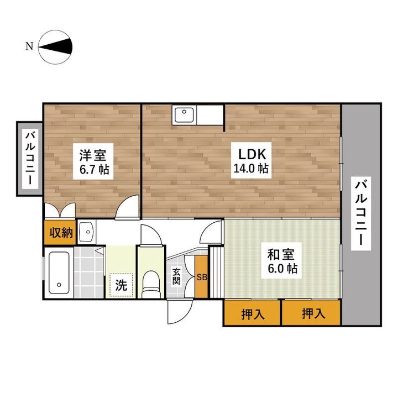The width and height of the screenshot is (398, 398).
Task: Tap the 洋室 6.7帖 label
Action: click(93, 161)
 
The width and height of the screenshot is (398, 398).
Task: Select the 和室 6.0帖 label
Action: click(281, 261)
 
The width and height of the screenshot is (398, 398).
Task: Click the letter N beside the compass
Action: click(29, 46)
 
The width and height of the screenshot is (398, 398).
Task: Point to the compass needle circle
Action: click(56, 47)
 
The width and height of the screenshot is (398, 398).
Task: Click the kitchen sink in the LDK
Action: click(184, 115)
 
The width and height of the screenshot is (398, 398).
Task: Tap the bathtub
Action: click(59, 273)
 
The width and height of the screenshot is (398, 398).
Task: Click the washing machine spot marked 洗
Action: click(121, 285)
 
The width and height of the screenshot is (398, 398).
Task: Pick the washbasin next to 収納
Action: click(87, 232)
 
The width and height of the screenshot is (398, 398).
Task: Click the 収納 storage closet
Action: click(60, 233)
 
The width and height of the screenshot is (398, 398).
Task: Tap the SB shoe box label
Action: click(202, 277)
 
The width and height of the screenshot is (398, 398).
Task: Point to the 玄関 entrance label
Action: click(176, 277)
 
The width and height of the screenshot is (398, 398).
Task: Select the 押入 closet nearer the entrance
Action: click(253, 314)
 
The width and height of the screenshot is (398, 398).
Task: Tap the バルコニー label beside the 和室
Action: click(361, 213)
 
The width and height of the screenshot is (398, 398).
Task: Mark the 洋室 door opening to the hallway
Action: click(128, 207)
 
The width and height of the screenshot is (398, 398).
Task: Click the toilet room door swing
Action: click(151, 235)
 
